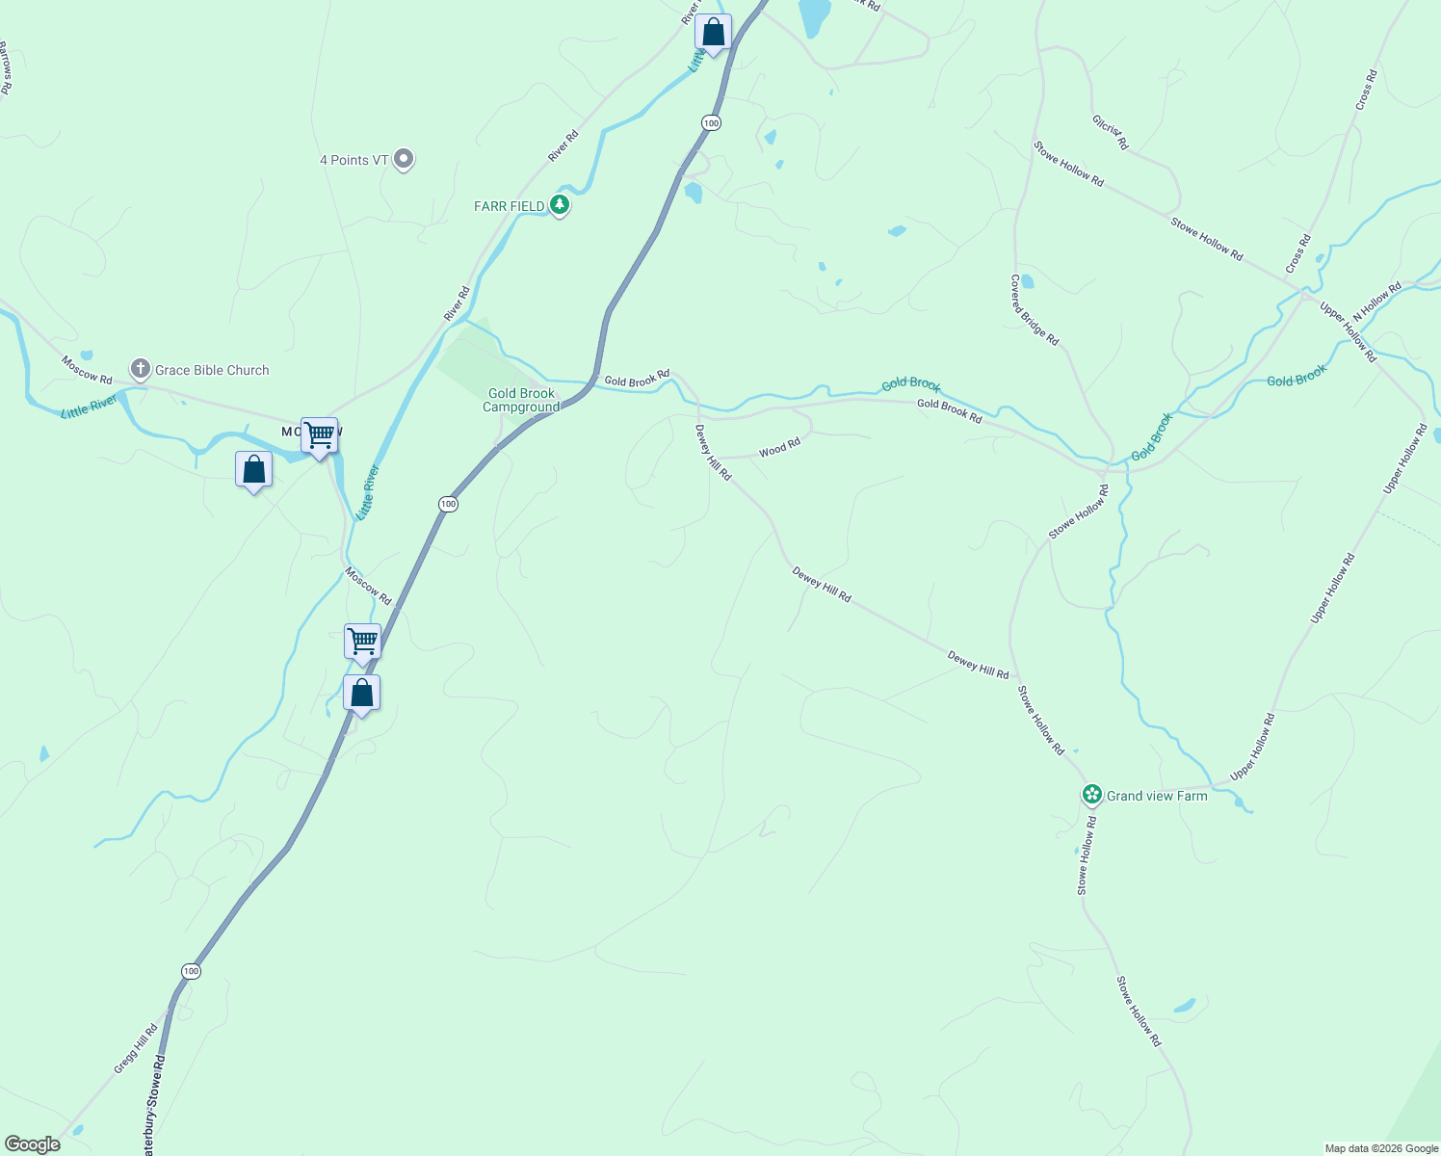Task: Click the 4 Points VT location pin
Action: point(405,159)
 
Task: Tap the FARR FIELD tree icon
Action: point(560,205)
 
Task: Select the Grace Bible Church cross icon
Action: point(141,369)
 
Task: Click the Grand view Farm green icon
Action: point(1091,795)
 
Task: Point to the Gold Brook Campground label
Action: point(521,400)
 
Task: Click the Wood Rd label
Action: point(779,449)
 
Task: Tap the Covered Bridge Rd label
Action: point(1034,310)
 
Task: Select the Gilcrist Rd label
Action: point(1110,133)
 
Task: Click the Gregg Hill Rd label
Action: point(135,1049)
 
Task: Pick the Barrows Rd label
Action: point(5,67)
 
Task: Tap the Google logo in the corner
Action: point(32,1144)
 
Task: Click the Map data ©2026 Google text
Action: point(1381,1148)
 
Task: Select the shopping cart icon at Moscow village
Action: point(319,436)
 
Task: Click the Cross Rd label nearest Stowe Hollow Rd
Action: point(1298,253)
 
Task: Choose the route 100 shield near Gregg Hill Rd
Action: point(191,971)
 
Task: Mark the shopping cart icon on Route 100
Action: point(362,642)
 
